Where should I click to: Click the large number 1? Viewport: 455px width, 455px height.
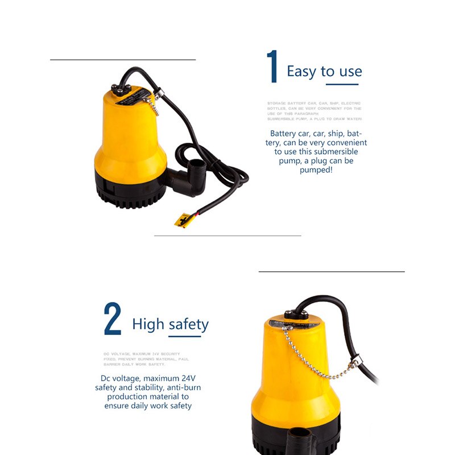tap(273, 67)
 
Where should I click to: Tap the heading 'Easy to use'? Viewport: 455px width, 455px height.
tap(324, 71)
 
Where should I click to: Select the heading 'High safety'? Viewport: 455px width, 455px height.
tap(170, 324)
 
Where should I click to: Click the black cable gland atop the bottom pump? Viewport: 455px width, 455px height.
tap(295, 314)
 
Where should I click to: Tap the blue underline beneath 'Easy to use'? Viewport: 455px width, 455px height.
tap(342, 85)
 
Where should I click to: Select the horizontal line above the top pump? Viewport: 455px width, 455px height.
tap(123, 59)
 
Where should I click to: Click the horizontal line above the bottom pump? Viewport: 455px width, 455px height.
tap(332, 271)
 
